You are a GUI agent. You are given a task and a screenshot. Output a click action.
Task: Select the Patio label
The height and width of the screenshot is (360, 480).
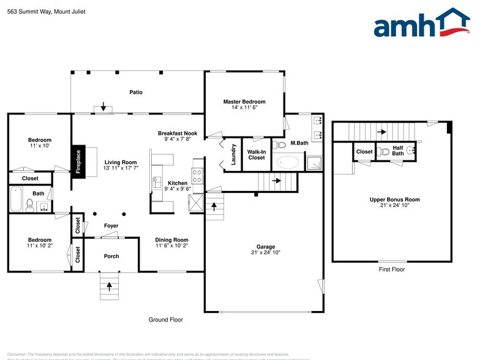pyautogui.click(x=136, y=92)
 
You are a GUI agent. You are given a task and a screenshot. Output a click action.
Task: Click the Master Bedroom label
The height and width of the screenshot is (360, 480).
pyautogui.click(x=244, y=102)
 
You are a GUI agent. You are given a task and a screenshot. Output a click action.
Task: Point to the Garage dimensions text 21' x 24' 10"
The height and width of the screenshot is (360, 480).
pyautogui.click(x=266, y=252)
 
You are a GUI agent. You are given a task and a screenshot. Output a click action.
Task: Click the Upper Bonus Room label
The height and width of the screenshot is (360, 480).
pyautogui.click(x=395, y=200)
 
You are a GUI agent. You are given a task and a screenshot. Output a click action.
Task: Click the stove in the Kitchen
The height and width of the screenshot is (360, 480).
pyautogui.click(x=198, y=176)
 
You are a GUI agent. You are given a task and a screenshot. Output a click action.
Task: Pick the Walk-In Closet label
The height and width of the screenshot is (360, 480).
pyautogui.click(x=257, y=154)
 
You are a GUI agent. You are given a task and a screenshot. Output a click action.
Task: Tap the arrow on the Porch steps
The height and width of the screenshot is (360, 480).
pyautogui.click(x=110, y=285)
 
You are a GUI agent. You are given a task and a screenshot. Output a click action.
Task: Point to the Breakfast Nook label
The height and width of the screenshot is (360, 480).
pyautogui.click(x=178, y=133)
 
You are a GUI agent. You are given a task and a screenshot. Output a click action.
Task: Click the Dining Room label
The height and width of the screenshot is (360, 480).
pyautogui.click(x=172, y=240)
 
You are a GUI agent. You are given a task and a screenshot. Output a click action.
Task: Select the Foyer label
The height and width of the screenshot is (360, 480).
pyautogui.click(x=111, y=226)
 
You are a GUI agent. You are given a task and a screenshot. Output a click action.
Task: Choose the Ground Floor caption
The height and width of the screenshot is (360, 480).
pyautogui.click(x=166, y=320)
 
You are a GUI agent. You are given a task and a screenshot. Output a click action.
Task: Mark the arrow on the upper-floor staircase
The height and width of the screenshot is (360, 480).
pyautogui.click(x=381, y=131)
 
